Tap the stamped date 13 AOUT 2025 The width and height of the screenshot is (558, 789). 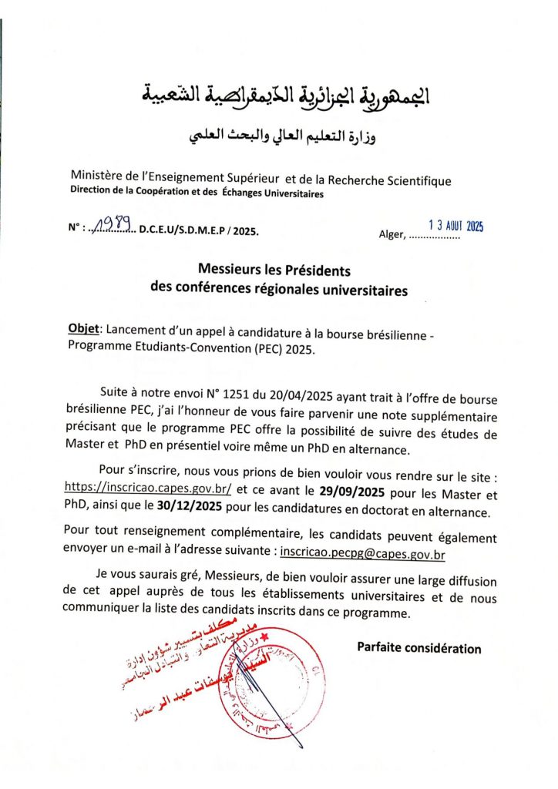455,226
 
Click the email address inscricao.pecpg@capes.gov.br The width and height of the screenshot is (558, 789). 363,552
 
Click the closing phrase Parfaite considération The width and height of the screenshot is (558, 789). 418,648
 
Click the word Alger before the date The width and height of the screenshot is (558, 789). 391,234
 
